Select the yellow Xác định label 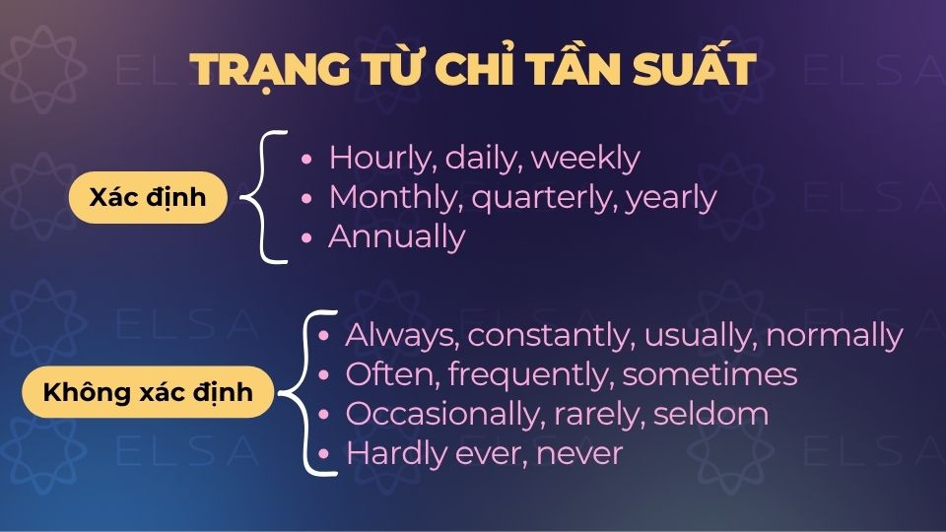[148, 197]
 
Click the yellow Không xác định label [148, 392]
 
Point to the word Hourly [382, 158]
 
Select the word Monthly [396, 197]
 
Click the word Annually [396, 237]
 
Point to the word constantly [551, 335]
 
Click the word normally [834, 335]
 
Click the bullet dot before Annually [308, 238]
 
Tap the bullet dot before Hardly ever [325, 454]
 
